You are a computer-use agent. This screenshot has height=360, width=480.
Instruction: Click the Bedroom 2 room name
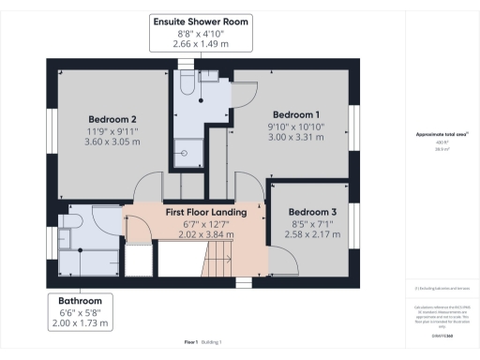[x=113, y=119]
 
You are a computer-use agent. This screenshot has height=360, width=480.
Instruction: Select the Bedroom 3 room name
[x=312, y=212]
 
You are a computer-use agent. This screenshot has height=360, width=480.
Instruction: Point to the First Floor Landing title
[x=206, y=213]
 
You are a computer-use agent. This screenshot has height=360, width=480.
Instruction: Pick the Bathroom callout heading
[x=81, y=300]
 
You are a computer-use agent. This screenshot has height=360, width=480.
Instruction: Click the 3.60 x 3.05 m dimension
[x=113, y=143]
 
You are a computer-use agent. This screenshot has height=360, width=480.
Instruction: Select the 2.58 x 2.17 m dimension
[x=312, y=235]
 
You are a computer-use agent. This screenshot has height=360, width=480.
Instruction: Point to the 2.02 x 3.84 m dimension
[x=206, y=235]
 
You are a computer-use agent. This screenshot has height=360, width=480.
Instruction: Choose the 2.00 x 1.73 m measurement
[x=81, y=323]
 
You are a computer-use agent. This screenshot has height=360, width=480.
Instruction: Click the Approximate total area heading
[x=442, y=134]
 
